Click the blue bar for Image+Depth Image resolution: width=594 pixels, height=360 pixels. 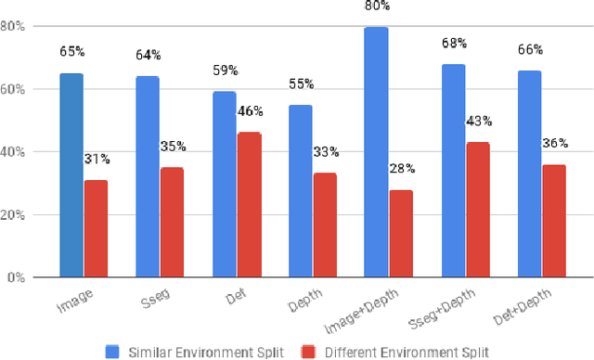(x=376, y=152)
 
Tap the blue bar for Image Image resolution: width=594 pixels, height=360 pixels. (x=71, y=175)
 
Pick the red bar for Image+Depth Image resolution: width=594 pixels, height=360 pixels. (x=401, y=234)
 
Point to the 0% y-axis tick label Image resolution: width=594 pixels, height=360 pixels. (x=15, y=277)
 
